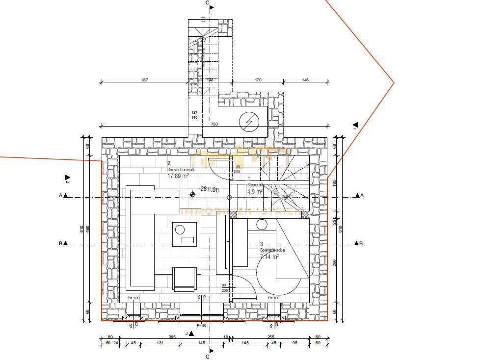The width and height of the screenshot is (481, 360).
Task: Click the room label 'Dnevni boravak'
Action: coord(181,170)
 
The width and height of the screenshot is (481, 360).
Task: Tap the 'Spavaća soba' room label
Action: coord(272,250)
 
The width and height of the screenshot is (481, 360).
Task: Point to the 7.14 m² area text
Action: coord(269,256)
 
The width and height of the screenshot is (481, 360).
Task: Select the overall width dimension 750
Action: coord(214,125)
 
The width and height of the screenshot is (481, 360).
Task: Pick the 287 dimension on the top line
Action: coord(145,79)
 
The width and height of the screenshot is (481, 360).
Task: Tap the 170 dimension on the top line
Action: coord(258,79)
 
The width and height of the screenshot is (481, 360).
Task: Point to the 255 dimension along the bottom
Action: coord(270,336)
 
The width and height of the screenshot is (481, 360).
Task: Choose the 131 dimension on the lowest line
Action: coord(160,343)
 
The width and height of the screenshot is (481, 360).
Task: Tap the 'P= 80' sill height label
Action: coord(202,325)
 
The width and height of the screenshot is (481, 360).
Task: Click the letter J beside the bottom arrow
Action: coord(187,333)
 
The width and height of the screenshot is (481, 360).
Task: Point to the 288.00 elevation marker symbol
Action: coord(192,195)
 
